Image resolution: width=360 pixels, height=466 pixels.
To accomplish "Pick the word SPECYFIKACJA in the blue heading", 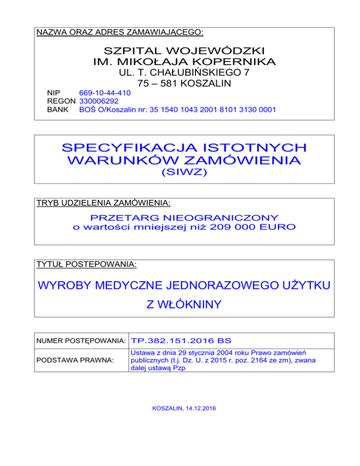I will click(x=122, y=148).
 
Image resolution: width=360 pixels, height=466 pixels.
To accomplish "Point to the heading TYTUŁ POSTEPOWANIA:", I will click(x=86, y=265).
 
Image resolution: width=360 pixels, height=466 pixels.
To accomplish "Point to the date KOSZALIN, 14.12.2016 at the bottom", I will click(x=184, y=409).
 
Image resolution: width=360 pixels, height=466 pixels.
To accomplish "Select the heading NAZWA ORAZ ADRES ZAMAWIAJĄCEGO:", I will click(x=120, y=32).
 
